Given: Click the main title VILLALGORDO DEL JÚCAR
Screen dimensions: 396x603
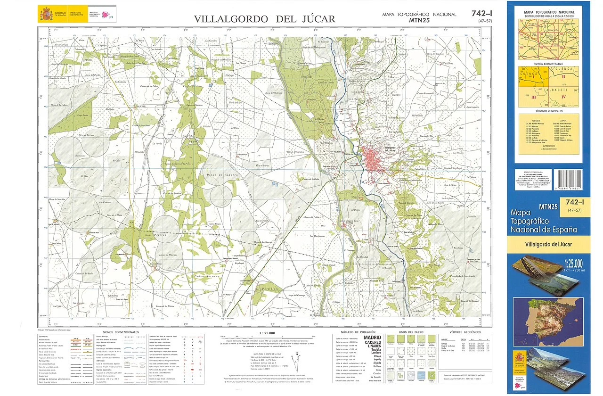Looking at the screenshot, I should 265,19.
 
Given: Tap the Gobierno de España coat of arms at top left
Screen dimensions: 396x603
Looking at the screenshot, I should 46,13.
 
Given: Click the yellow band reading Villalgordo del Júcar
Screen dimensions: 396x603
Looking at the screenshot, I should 548,244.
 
